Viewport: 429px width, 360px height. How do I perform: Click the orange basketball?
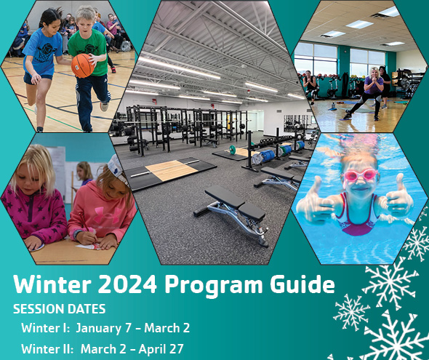pos(83,65)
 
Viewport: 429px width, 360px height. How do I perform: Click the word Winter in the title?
pos(52,284)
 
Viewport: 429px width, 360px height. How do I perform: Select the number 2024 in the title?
pos(127,285)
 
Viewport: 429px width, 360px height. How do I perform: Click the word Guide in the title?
pos(302,284)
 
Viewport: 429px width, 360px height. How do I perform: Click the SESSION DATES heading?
pos(60,309)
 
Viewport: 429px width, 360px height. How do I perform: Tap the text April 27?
pos(161,349)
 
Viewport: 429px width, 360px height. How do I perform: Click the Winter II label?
pos(47,349)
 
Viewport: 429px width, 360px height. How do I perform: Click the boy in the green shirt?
pos(89,68)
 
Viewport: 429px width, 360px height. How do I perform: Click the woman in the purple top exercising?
pos(366,93)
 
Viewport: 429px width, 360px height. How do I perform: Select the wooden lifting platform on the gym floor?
pos(172,170)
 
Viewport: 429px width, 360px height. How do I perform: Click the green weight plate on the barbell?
pos(232,150)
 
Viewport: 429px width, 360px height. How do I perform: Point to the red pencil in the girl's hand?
pos(86,223)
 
